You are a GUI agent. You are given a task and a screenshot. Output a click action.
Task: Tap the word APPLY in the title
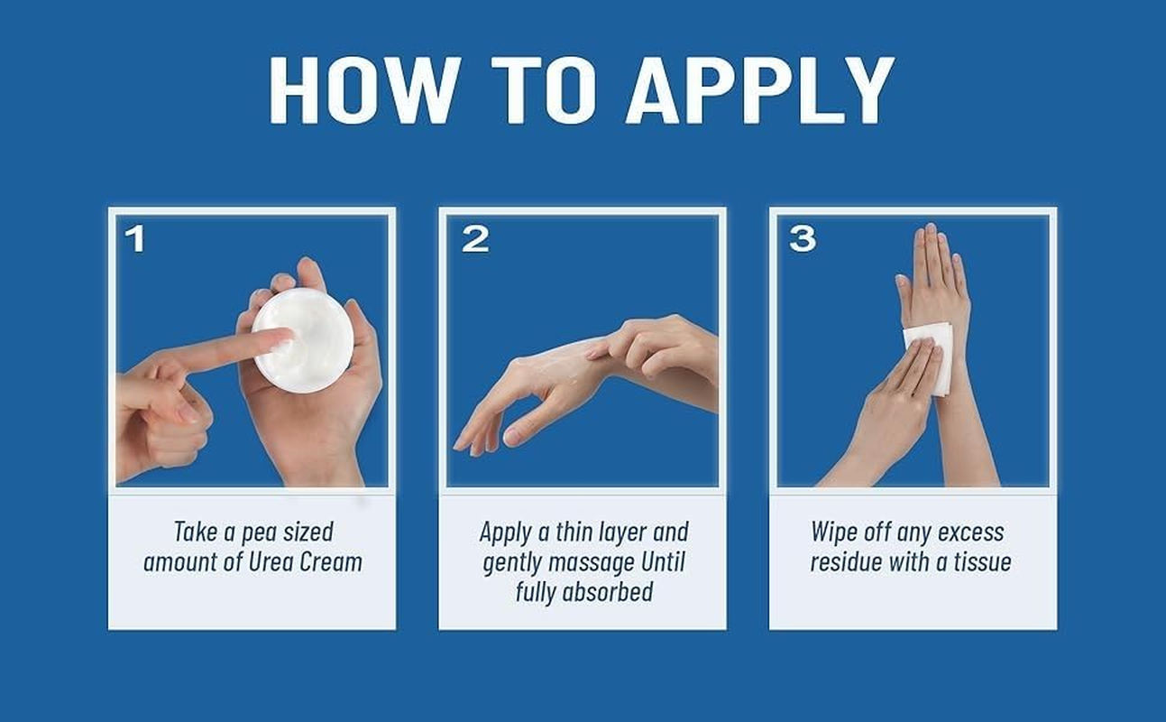760,89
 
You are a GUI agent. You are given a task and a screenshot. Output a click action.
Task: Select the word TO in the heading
544,89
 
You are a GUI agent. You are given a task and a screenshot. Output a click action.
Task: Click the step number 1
135,240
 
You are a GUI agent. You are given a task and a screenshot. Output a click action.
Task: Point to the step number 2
475,240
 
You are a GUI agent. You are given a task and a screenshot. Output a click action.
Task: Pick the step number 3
803,240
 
